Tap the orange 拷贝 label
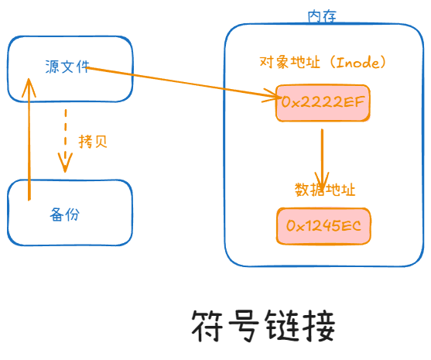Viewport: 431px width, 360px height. [93, 142]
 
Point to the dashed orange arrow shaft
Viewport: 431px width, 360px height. [66, 132]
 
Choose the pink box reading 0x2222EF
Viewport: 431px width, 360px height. [323, 102]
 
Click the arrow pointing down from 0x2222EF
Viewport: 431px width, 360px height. [321, 151]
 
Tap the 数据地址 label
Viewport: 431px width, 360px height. [324, 190]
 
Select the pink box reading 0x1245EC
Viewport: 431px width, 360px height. [323, 226]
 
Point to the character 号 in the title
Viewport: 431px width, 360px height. [248, 327]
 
